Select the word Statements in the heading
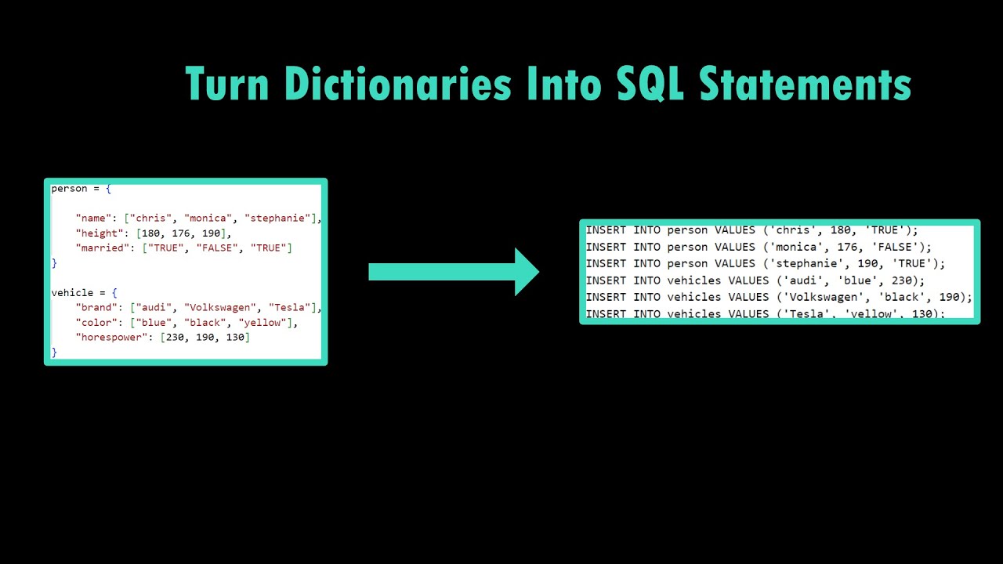[x=805, y=84]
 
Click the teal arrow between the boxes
[x=454, y=272]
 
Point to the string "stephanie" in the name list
[x=280, y=219]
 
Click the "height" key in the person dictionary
[x=100, y=233]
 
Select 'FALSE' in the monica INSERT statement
[x=900, y=247]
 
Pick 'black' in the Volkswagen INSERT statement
[x=900, y=298]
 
